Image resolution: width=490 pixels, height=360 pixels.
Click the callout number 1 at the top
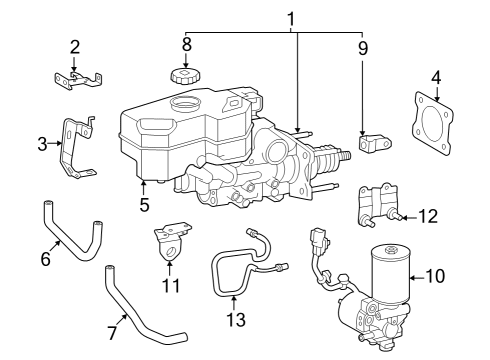point(292,18)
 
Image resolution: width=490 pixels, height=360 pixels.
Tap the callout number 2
point(74,47)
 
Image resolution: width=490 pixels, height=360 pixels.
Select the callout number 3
point(42,144)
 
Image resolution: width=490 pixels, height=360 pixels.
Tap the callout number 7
point(112,331)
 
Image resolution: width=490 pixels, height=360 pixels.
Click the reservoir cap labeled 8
point(184,77)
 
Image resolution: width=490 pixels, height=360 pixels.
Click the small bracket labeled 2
point(77,76)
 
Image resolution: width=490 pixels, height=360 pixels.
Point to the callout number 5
point(144,206)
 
